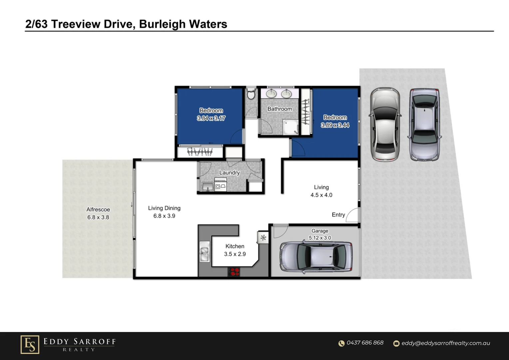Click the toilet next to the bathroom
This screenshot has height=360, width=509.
pos(251,94)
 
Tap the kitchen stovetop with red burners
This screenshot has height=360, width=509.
pos(234,272)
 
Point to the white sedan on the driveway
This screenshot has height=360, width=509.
pos(385,124)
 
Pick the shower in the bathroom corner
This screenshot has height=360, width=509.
pos(290,128)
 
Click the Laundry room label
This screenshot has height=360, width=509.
pos(229,173)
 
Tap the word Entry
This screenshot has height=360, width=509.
pos(338,215)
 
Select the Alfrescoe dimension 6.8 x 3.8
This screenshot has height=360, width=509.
pos(98,217)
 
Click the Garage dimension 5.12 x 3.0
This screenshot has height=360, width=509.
pos(320,238)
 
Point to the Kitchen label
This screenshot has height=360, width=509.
pos(235,246)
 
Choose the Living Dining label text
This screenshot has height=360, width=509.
pos(164,208)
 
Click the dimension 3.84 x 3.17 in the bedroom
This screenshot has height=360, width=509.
pos(211,118)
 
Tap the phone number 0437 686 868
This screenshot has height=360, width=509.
pos(365,343)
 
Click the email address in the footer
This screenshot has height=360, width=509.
pos(446,343)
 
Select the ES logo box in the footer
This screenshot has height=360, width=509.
pos(30,344)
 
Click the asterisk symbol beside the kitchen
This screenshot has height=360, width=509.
pos(263,238)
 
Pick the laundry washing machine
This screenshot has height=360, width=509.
pos(221,186)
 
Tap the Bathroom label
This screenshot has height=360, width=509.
pos(279,109)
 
